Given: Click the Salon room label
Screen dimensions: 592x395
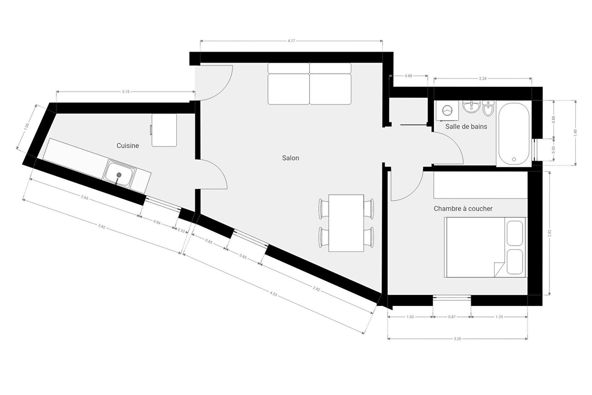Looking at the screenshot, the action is [x=290, y=158].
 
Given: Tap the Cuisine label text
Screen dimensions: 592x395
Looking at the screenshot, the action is [x=128, y=146].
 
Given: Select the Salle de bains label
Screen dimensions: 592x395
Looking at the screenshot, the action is [x=466, y=127].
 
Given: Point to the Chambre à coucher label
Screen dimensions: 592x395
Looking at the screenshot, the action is [x=463, y=209].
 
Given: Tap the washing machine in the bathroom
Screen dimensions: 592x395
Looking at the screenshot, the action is [x=447, y=110].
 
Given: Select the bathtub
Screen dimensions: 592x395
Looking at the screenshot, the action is [x=514, y=133].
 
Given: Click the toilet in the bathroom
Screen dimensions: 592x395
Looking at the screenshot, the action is [x=488, y=108].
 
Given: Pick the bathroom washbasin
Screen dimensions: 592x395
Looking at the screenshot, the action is [x=471, y=106].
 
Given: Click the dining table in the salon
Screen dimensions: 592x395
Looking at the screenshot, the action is [x=346, y=223].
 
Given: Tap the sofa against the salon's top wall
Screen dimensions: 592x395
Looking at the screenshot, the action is [x=310, y=84].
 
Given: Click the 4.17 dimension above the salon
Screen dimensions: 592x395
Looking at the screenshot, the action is [x=291, y=41].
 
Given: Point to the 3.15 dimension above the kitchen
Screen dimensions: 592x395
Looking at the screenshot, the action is [x=126, y=92].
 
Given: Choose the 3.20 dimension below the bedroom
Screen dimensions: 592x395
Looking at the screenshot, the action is [x=458, y=339].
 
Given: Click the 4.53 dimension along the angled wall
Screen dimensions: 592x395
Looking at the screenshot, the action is [x=273, y=294].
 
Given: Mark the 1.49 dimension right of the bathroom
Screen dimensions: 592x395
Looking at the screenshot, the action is [x=575, y=133].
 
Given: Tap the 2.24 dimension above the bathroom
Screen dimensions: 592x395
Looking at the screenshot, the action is [x=483, y=78].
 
